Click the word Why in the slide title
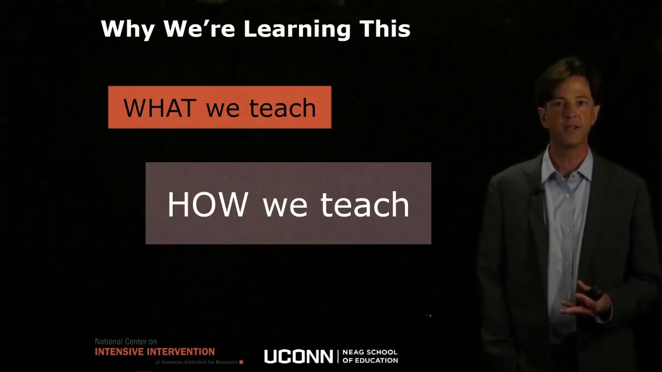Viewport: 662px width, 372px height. pyautogui.click(x=127, y=29)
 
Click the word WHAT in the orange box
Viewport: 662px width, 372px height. pyautogui.click(x=160, y=108)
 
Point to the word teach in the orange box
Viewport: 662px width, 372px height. pyautogui.click(x=282, y=108)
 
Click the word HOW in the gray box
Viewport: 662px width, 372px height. pyautogui.click(x=207, y=205)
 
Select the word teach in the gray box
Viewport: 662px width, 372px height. pyautogui.click(x=365, y=205)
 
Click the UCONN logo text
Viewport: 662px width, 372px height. pyautogui.click(x=298, y=357)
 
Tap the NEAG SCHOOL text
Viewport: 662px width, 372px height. pyautogui.click(x=370, y=352)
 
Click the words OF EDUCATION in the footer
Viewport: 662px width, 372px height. pyautogui.click(x=370, y=360)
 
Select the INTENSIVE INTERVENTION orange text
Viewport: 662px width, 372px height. pyautogui.click(x=155, y=352)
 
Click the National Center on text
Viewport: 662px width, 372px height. pyautogui.click(x=126, y=342)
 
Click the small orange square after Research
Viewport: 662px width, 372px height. pyautogui.click(x=241, y=362)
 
